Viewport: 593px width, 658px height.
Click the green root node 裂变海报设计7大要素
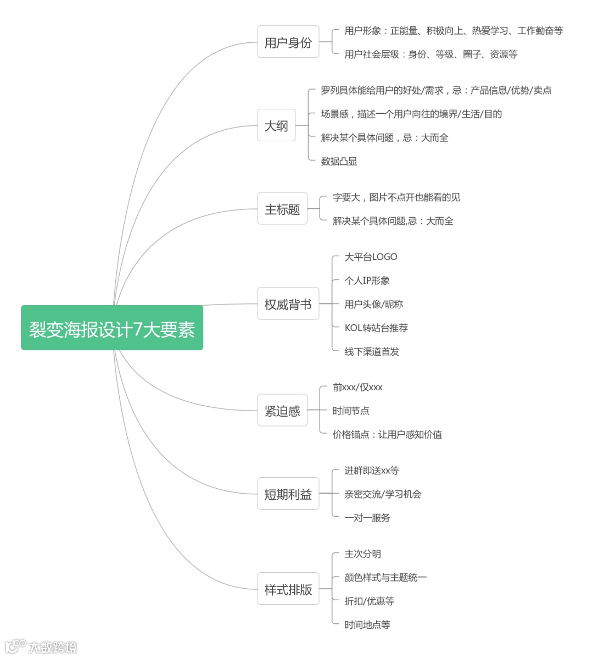(x=112, y=328)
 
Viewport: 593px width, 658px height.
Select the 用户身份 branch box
(x=288, y=42)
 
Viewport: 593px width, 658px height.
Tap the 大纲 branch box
(x=276, y=125)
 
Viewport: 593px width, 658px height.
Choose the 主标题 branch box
(x=282, y=209)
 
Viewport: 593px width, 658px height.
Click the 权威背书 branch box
(x=288, y=304)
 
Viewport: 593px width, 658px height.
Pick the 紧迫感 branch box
(x=282, y=410)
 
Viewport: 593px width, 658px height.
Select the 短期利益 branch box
(x=288, y=494)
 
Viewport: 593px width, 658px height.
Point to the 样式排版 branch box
(x=288, y=589)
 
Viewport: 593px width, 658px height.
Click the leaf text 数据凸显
(x=339, y=161)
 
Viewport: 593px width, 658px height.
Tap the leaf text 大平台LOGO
(x=371, y=257)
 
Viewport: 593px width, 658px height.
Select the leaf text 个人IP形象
(x=367, y=280)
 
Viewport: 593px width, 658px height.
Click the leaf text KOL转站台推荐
(x=376, y=328)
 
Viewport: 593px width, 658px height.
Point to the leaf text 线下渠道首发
(x=372, y=351)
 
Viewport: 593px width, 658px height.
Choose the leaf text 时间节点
(x=351, y=411)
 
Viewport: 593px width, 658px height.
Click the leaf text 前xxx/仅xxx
(x=357, y=387)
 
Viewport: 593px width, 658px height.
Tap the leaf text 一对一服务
(x=367, y=517)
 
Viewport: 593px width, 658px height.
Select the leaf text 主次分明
(x=362, y=554)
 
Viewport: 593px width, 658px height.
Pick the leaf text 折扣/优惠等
(x=369, y=601)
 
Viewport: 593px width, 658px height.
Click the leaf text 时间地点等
(x=367, y=624)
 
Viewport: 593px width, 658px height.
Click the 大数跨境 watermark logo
(x=41, y=646)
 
